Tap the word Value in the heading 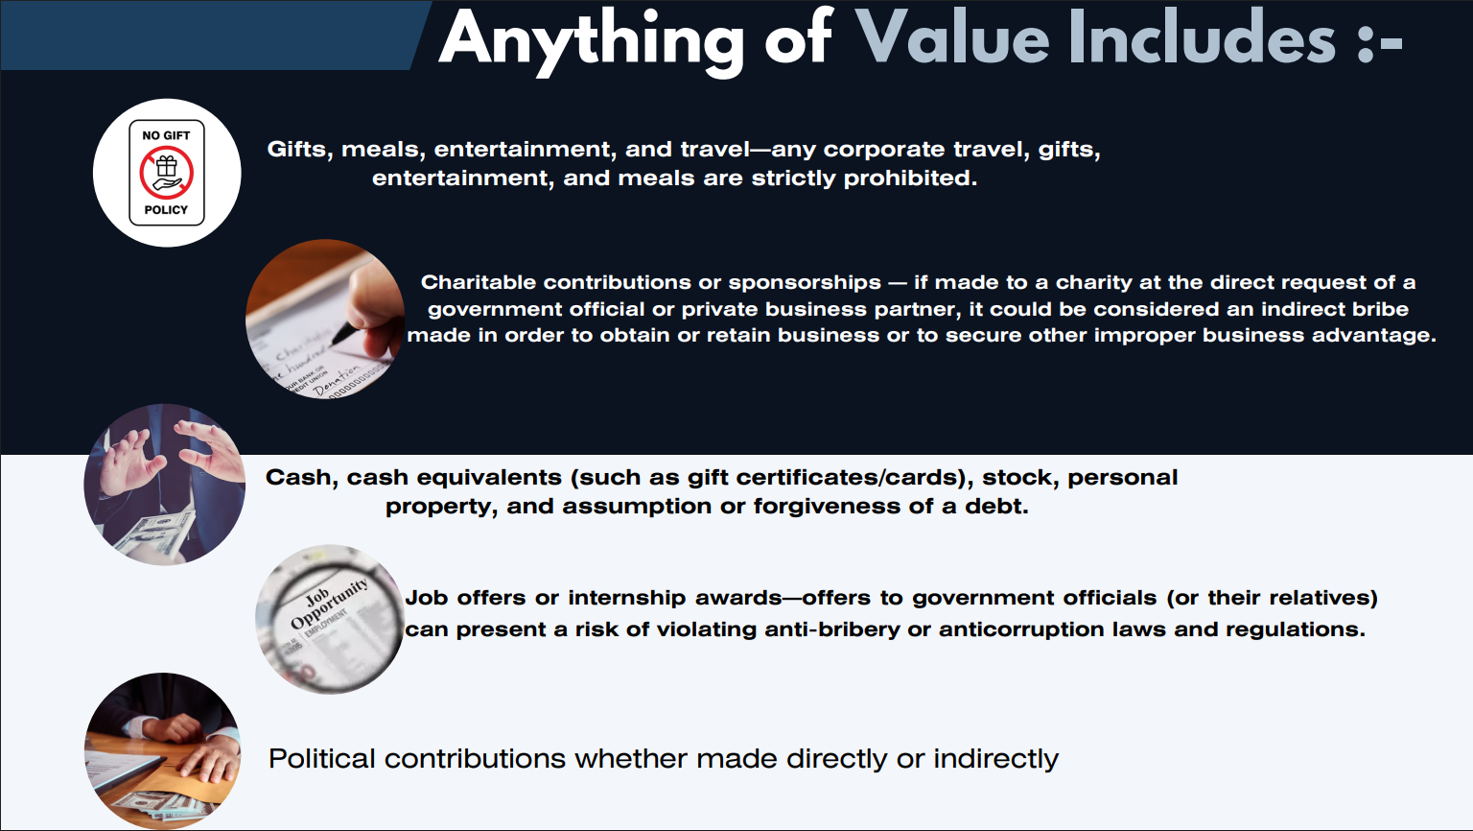coord(952,38)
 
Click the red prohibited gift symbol coord(166,173)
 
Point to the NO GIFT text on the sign coord(166,135)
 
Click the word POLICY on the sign coord(166,210)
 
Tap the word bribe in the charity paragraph coord(1380,309)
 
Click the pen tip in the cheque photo coord(335,343)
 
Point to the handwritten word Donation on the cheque coord(337,382)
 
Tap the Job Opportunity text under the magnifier coord(329,603)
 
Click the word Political coord(321,759)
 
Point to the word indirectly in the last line coord(995,759)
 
